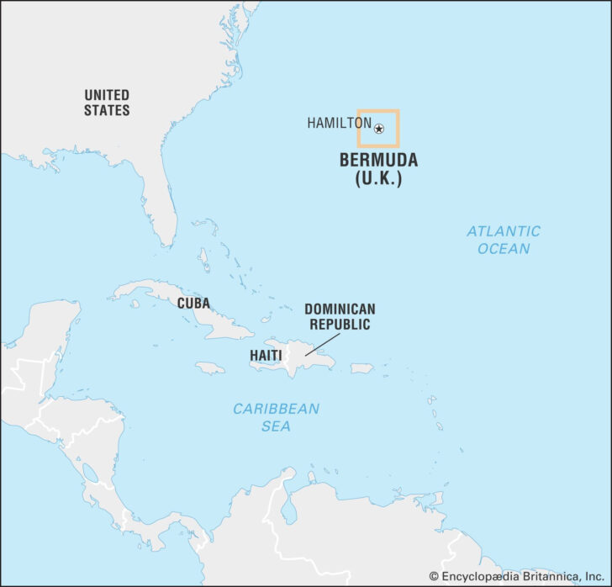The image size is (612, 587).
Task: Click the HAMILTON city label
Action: [339, 123]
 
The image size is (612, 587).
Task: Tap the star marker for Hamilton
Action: [379, 129]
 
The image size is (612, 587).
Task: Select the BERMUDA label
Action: [378, 161]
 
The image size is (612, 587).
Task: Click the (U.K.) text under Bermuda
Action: [378, 178]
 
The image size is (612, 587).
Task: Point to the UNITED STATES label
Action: [107, 102]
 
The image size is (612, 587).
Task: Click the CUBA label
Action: [193, 304]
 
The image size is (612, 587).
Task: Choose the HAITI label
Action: [266, 356]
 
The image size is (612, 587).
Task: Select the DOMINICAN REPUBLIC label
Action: [340, 316]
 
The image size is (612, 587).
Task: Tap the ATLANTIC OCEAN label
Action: [504, 240]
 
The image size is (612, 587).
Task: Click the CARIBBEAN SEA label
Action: [277, 417]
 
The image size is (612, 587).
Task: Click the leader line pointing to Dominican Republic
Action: [324, 343]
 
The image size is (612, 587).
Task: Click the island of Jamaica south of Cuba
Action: [210, 368]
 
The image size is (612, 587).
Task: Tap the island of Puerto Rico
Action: [361, 368]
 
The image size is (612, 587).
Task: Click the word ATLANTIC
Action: [504, 230]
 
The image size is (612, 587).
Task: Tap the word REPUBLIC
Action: [340, 324]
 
